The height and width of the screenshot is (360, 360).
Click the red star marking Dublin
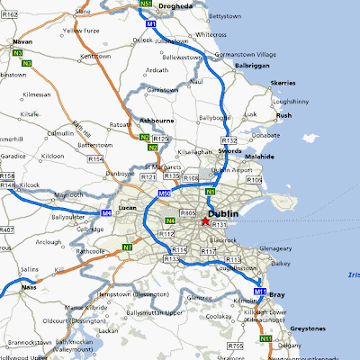click(x=205, y=220)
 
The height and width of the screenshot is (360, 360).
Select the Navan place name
click(x=22, y=41)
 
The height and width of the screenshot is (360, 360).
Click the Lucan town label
click(x=124, y=206)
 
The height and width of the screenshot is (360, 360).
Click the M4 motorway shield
click(x=106, y=213)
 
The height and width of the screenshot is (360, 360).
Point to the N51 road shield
click(x=147, y=4)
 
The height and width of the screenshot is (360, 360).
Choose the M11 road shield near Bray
click(x=259, y=292)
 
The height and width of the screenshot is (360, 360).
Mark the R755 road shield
click(x=236, y=345)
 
